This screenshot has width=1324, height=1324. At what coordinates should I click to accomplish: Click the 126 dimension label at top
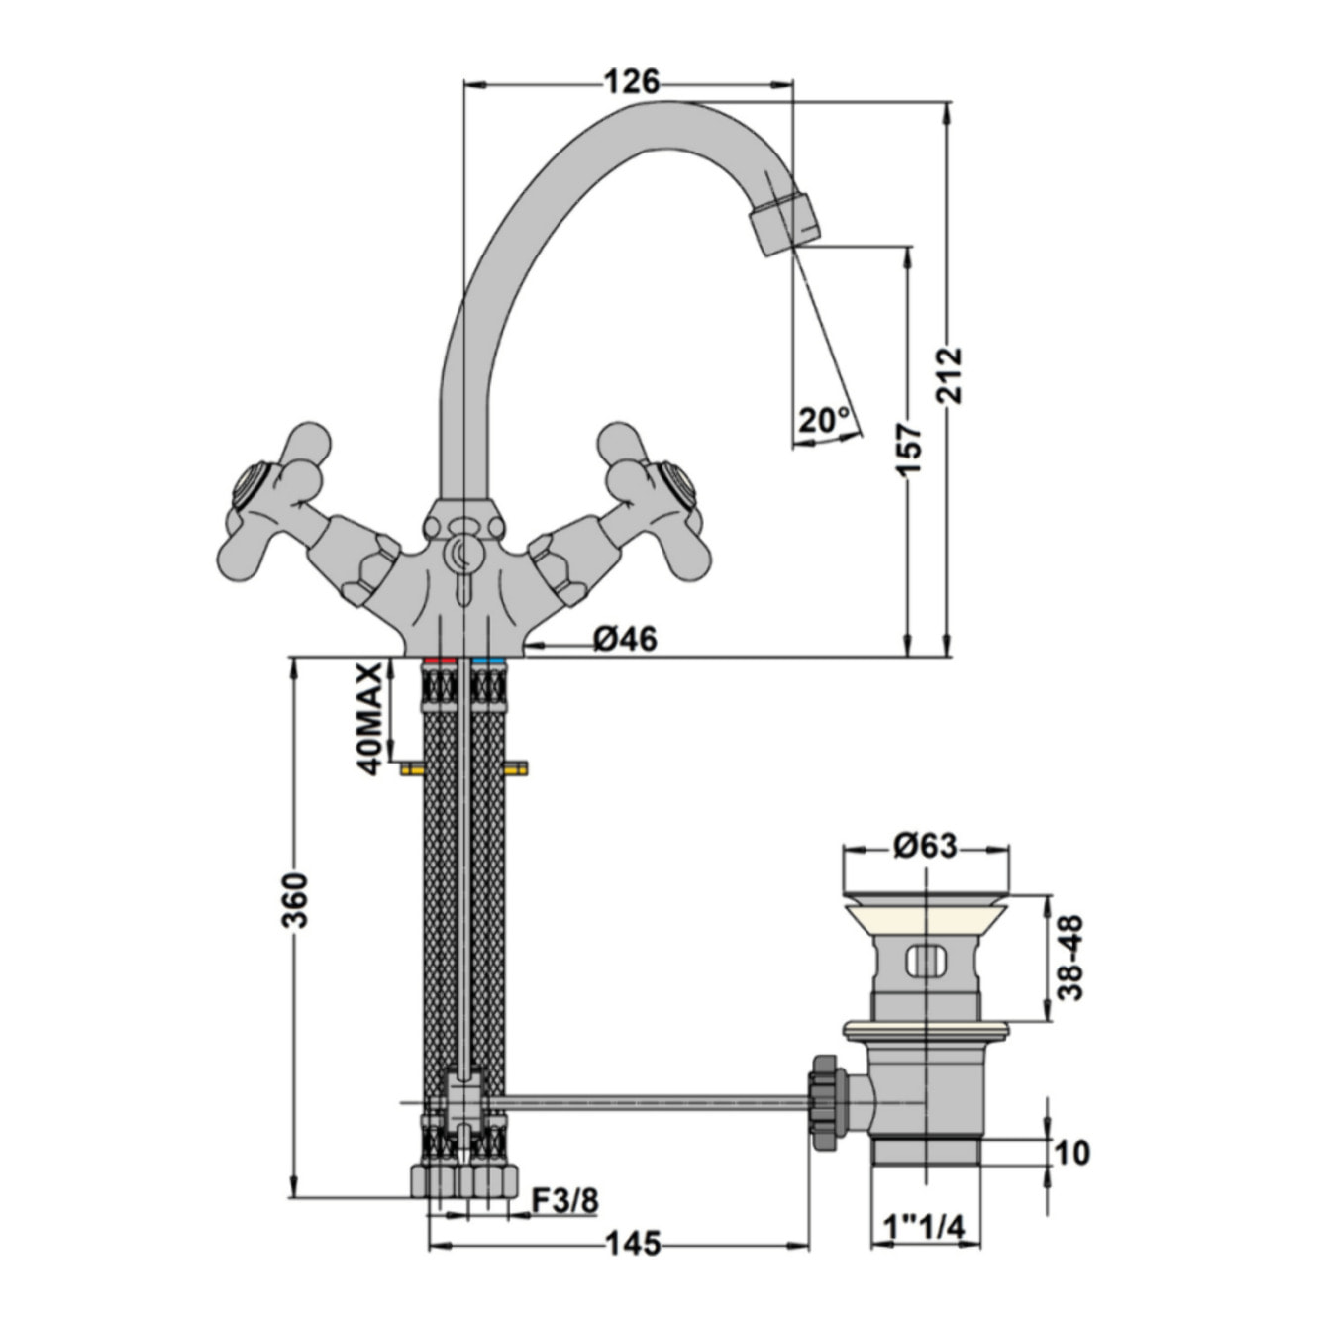(631, 82)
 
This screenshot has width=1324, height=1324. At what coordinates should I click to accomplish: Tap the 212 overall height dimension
(949, 373)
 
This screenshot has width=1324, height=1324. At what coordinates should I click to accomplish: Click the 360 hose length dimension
(296, 899)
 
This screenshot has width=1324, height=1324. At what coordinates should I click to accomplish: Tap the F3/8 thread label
(564, 1200)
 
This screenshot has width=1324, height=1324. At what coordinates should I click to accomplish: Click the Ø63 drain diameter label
(924, 846)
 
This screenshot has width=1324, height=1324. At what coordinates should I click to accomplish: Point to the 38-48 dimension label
(1070, 957)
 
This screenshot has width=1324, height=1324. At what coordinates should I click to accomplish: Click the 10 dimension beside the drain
(1072, 1153)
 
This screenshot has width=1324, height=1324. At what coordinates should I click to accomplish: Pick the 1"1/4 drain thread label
(923, 1228)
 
